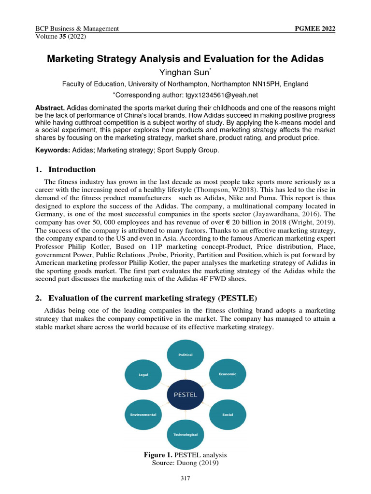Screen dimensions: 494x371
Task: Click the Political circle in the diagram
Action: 185,355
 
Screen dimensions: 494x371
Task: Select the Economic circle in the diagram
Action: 227,374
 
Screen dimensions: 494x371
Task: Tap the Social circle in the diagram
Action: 227,414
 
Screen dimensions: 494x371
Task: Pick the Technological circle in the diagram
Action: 185,435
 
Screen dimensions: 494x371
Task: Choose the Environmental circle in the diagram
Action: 143,414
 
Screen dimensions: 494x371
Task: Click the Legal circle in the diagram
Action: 143,374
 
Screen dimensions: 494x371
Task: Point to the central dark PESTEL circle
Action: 185,394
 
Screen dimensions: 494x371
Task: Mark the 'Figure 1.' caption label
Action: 158,455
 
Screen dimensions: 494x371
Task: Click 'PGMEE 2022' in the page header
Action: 314,28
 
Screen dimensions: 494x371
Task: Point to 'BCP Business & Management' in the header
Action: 77,28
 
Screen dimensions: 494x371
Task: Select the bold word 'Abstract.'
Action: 50,107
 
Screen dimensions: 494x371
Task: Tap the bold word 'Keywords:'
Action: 53,151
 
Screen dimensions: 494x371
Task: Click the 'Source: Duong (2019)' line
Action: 185,463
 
